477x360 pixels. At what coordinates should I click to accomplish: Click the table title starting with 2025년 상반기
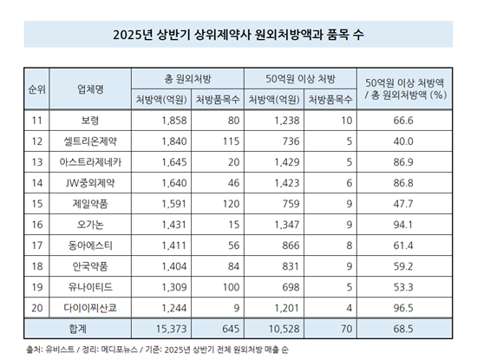pyautogui.click(x=238, y=35)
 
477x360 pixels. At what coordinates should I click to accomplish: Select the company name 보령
pyautogui.click(x=90, y=121)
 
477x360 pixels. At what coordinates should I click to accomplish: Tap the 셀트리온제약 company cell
pyautogui.click(x=90, y=141)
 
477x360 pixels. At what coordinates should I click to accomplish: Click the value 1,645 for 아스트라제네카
pyautogui.click(x=174, y=162)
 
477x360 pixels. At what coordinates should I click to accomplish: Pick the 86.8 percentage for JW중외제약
pyautogui.click(x=403, y=183)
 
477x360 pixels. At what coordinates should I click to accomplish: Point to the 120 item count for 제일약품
pyautogui.click(x=231, y=204)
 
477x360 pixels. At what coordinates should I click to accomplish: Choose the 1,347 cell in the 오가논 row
pyautogui.click(x=287, y=225)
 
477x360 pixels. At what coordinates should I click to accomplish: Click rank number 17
pyautogui.click(x=37, y=245)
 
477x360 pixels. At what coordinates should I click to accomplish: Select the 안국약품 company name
pyautogui.click(x=90, y=266)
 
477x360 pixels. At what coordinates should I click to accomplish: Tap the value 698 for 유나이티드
pyautogui.click(x=291, y=287)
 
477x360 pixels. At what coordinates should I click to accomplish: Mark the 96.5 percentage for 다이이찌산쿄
pyautogui.click(x=403, y=308)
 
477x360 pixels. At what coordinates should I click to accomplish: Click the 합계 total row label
pyautogui.click(x=77, y=329)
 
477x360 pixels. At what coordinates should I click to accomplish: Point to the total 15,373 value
pyautogui.click(x=171, y=329)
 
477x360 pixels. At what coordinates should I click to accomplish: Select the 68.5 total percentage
pyautogui.click(x=403, y=329)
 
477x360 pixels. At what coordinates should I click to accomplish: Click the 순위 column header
pyautogui.click(x=36, y=89)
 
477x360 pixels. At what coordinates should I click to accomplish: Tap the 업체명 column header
pyautogui.click(x=90, y=89)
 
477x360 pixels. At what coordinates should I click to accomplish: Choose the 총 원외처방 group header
pyautogui.click(x=187, y=79)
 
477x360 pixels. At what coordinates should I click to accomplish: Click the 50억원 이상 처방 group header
pyautogui.click(x=300, y=79)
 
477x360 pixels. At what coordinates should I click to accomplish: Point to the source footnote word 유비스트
pyautogui.click(x=60, y=350)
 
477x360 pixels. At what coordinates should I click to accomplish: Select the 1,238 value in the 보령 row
pyautogui.click(x=287, y=121)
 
